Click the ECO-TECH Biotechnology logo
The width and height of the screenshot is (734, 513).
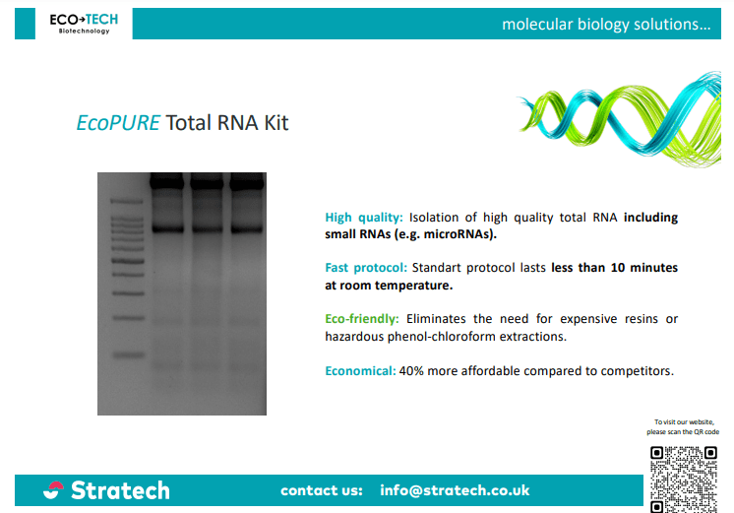tap(84, 24)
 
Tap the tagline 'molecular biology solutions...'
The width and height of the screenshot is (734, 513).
tap(606, 24)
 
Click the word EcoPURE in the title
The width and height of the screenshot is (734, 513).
tap(118, 123)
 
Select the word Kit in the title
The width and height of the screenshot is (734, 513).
tap(276, 123)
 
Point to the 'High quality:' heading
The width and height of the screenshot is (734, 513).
tap(364, 218)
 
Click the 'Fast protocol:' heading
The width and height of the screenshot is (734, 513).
tap(366, 268)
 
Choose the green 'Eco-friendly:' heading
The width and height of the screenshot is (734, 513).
tap(362, 319)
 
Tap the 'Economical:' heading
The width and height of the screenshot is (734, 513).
tap(360, 370)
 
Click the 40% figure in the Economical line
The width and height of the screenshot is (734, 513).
tap(411, 370)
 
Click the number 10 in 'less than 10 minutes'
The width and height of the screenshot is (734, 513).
tap(618, 268)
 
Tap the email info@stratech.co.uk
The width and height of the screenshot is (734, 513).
tap(455, 490)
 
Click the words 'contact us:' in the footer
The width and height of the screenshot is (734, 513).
tap(322, 490)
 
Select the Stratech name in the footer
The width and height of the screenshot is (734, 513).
tap(120, 490)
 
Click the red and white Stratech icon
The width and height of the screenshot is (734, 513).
tap(53, 490)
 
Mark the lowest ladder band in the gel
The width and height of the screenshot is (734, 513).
tap(128, 355)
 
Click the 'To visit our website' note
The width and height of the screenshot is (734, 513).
tap(683, 426)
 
